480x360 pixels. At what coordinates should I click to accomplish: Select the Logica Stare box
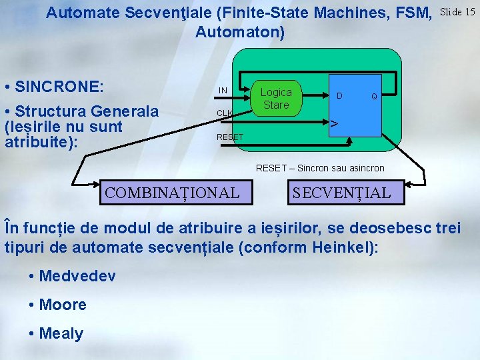click(276, 99)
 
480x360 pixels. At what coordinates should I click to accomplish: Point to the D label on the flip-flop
click(339, 96)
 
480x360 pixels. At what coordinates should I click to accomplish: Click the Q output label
click(375, 97)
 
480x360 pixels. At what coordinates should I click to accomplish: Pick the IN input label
click(223, 91)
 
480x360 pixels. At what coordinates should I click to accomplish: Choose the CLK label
click(225, 113)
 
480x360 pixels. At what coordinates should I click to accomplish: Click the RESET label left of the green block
click(230, 137)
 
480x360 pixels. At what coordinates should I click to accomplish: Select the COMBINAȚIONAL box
click(172, 193)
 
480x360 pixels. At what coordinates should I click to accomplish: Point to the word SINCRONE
click(59, 87)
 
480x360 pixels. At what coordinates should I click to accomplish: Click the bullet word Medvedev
click(77, 276)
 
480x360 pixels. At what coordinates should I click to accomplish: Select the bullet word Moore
click(63, 305)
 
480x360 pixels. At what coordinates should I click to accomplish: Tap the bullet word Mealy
click(61, 333)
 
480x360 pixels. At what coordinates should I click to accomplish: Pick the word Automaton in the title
click(239, 32)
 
